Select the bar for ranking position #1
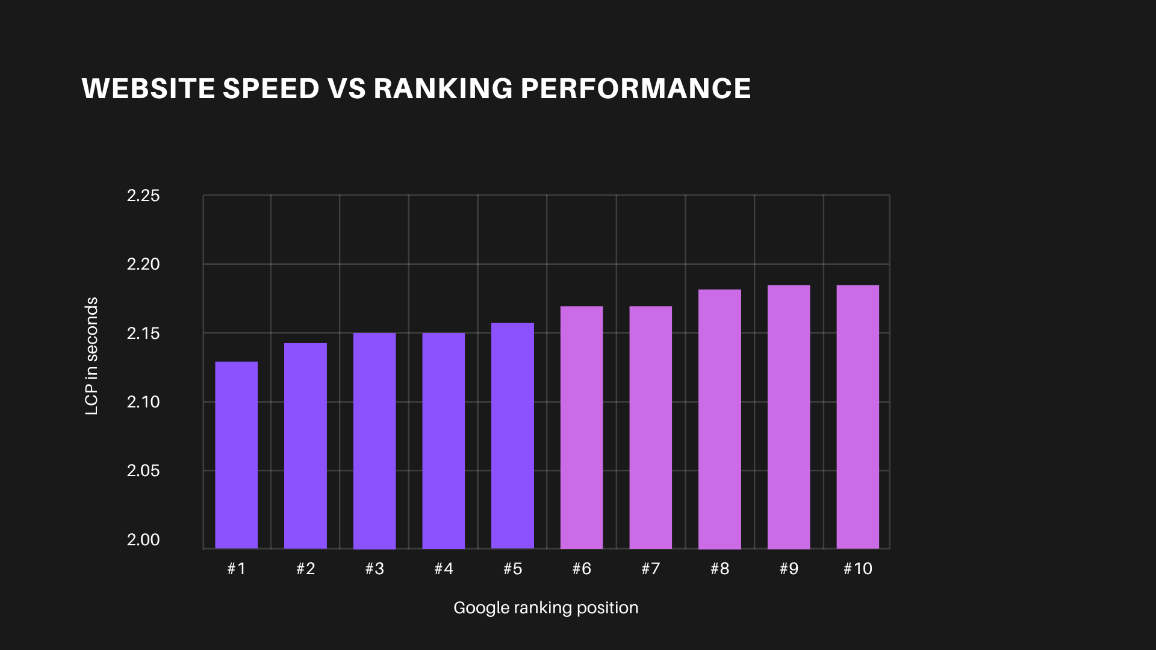236,455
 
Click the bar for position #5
512,436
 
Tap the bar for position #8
719,419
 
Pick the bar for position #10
857,416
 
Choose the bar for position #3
374,441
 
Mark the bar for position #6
582,427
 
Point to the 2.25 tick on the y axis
143,196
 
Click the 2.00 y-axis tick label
143,540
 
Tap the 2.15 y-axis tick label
143,333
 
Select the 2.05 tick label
143,471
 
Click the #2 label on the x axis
305,569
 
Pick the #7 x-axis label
650,569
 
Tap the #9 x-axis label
789,569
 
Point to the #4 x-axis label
444,569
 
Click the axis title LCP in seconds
92,356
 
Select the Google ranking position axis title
545,608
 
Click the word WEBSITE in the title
148,88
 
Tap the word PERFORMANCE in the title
635,88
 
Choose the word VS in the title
347,88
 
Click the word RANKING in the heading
443,88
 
